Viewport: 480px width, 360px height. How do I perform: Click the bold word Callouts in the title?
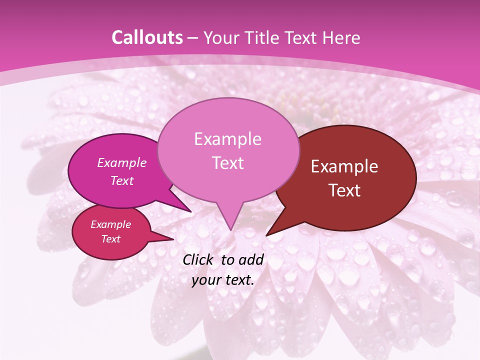[147, 37]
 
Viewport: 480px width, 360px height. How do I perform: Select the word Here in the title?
[342, 37]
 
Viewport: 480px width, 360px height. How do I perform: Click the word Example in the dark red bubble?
[344, 167]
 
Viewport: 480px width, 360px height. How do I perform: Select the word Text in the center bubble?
[228, 163]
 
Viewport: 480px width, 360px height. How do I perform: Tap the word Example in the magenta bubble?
[122, 162]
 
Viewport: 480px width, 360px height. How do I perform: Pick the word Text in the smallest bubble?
[111, 239]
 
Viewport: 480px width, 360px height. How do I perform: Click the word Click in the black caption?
[198, 259]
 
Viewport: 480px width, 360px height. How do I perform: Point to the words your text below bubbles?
[223, 280]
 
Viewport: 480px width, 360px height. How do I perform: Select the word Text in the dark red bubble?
[345, 190]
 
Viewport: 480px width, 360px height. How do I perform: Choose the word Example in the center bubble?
[227, 139]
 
